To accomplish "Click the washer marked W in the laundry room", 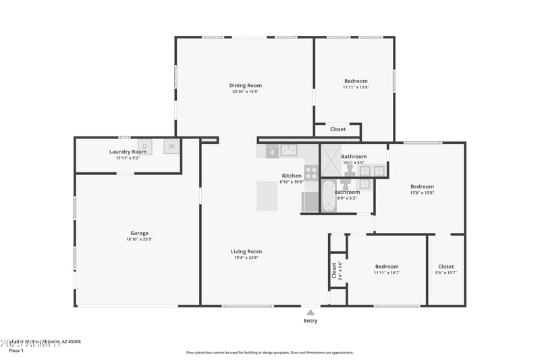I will pos(171,146).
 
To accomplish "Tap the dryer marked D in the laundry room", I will pos(144,146).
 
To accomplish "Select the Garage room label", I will pos(140,233).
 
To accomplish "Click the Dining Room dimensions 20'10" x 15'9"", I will pos(245,92).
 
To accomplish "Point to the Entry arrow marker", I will pos(310,312).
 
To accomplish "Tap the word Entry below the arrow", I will pos(310,321).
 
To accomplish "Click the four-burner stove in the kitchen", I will pos(311,172).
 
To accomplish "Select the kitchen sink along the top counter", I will pos(289,150).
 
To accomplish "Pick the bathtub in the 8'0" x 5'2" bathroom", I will pos(328,196).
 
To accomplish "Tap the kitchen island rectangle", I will pos(267,196).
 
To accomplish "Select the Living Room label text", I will pos(246,251).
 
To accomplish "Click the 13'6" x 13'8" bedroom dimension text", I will pos(423,192).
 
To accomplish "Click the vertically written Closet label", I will pos(334,269).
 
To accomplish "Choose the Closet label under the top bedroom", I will pos(337,129).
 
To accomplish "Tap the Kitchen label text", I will pos(292,176).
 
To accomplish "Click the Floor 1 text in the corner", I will pos(16,351).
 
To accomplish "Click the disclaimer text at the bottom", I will pos(269,353).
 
